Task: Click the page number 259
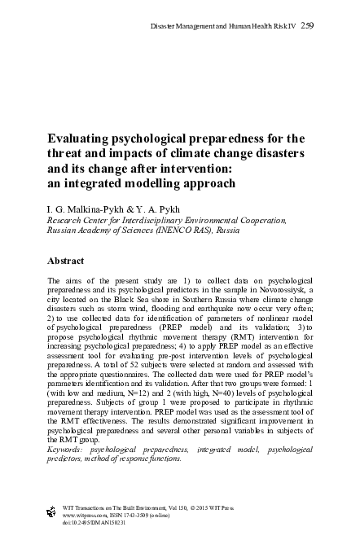coord(308,27)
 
